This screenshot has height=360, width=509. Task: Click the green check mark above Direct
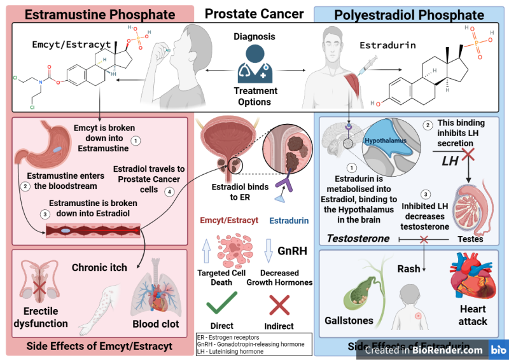tap(221, 303)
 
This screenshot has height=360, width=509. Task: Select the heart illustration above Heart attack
tap(471, 279)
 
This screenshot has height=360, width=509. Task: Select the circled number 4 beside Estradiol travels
tap(169, 191)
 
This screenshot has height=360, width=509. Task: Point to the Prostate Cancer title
tap(254, 13)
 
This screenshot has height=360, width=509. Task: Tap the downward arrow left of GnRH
tap(268, 249)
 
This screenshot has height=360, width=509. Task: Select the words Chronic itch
tap(100, 268)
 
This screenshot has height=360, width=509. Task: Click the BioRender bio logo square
tap(498, 349)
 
